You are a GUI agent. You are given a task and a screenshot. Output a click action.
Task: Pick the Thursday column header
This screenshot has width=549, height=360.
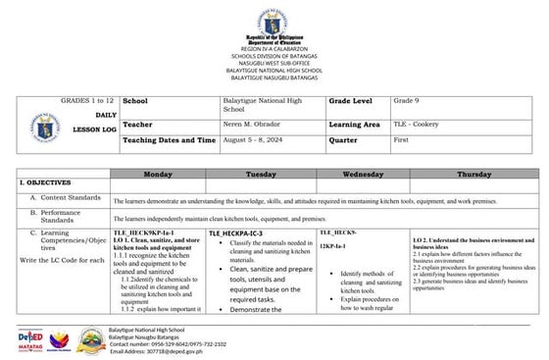coord(474,173)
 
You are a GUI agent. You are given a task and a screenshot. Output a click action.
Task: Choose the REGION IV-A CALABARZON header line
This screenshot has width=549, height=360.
coord(274,45)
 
